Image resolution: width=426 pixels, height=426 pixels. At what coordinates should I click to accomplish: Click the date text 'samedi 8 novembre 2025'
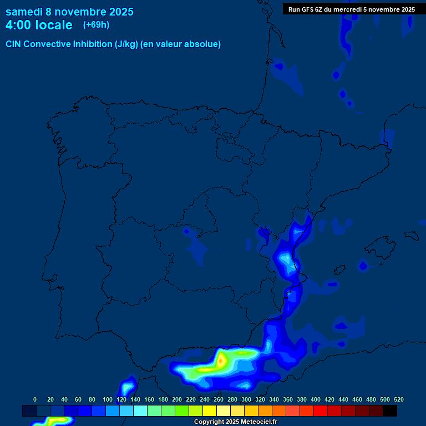click(x=69, y=11)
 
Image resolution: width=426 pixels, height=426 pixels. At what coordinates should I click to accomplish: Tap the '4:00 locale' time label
click(x=39, y=25)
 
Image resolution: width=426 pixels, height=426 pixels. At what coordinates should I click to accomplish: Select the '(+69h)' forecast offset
click(x=96, y=24)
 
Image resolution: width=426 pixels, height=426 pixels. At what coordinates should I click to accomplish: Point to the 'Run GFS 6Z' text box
click(x=351, y=9)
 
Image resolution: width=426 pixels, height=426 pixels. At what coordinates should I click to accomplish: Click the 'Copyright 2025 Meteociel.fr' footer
click(x=235, y=422)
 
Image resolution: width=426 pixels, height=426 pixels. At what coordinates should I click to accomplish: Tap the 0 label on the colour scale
click(x=35, y=399)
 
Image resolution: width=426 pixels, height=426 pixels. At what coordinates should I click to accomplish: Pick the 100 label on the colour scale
click(x=108, y=399)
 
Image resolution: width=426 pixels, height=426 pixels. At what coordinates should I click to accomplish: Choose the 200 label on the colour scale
click(x=177, y=399)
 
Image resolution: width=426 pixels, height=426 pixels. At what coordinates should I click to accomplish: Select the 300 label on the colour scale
click(x=246, y=399)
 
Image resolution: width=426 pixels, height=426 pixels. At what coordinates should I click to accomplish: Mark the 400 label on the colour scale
click(x=316, y=399)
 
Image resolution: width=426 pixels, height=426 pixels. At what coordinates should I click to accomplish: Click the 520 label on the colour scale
click(x=398, y=399)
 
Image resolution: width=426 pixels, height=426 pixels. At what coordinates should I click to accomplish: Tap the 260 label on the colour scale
click(x=219, y=399)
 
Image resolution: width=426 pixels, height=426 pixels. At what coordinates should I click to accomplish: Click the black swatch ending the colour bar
click(x=390, y=411)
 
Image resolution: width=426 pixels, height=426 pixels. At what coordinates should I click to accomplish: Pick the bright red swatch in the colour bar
click(x=321, y=411)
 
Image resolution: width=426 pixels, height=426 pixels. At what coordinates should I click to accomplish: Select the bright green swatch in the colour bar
click(x=182, y=411)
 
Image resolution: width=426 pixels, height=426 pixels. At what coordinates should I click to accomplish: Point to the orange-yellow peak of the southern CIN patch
click(x=221, y=361)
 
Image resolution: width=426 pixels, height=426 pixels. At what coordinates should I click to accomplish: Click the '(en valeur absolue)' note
click(x=181, y=44)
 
